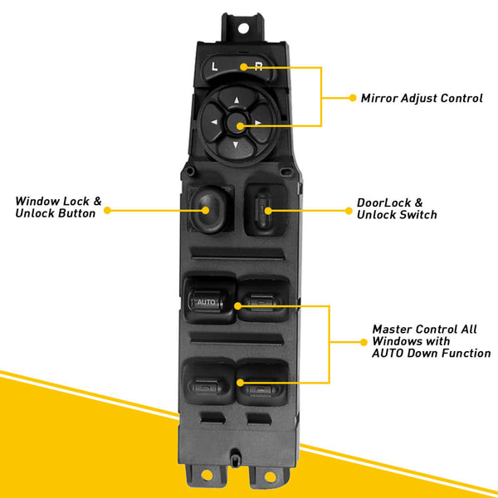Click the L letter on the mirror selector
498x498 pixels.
[213, 66]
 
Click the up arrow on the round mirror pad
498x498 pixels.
[236, 102]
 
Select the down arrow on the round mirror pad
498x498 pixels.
[236, 148]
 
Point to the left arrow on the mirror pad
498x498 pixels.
[213, 125]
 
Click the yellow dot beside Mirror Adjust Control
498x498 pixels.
[352, 98]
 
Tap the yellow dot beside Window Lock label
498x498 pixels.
[106, 210]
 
